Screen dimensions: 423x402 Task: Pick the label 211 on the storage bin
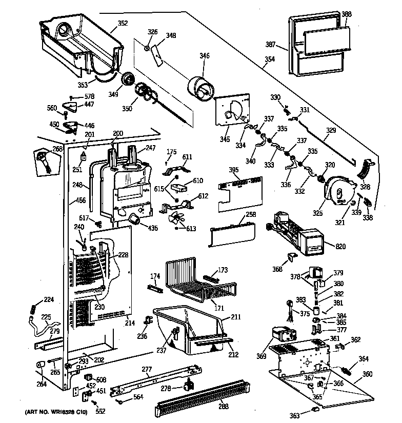coord(235,317)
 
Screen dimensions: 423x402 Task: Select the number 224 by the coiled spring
coord(48,300)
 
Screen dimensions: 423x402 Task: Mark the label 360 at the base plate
coord(368,374)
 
